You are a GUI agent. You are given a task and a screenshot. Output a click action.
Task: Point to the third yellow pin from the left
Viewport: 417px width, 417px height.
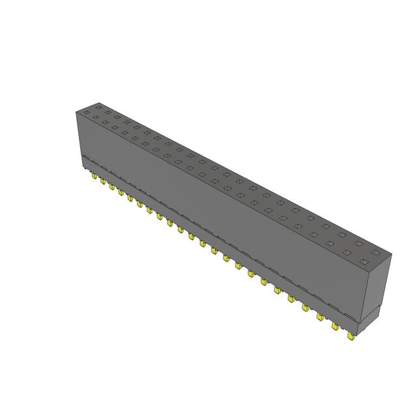coord(112,187)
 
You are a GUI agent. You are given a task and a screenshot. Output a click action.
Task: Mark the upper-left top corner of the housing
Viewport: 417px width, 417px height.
coord(78,111)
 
